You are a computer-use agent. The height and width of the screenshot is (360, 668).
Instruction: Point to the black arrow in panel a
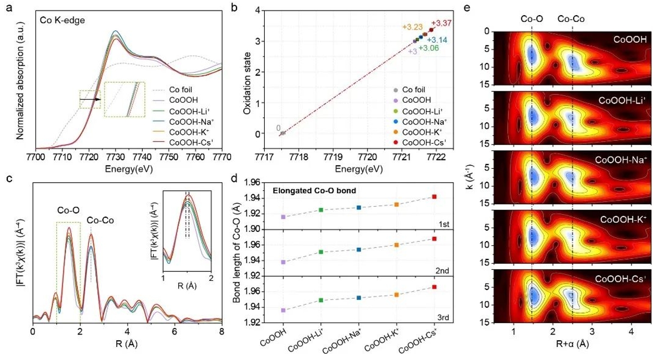(x=90, y=97)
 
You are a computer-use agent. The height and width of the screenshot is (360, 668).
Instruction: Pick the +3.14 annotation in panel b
(x=437, y=40)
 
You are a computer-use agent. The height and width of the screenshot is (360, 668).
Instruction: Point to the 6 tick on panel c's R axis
(x=175, y=331)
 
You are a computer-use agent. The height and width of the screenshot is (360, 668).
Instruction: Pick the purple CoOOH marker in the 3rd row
(x=283, y=310)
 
